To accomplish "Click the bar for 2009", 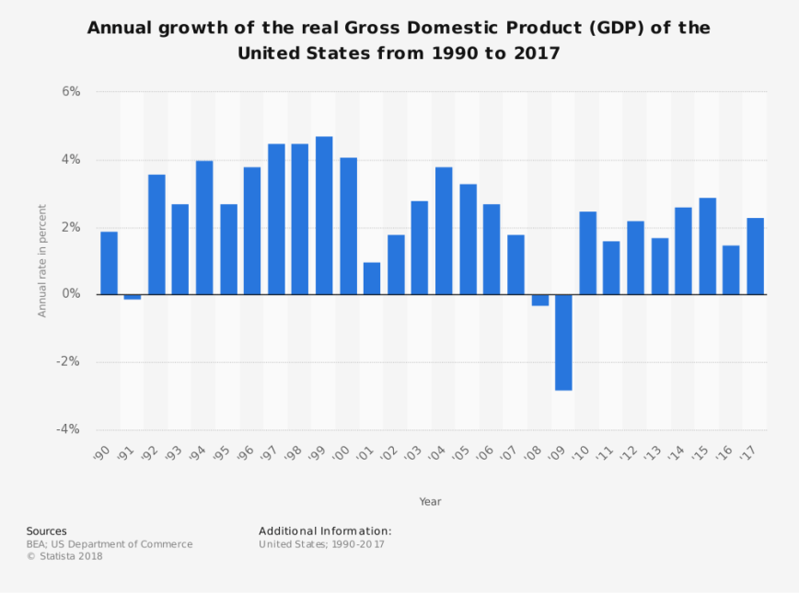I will tap(563, 342).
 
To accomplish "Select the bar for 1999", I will tap(324, 215).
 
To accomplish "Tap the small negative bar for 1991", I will tap(133, 297).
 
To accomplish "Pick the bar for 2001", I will tap(372, 279).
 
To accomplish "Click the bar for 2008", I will tap(539, 300).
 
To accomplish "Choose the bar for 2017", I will tap(755, 256).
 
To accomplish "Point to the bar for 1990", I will tap(109, 263).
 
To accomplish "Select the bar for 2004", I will tap(444, 231).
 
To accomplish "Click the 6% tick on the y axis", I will tap(71, 92).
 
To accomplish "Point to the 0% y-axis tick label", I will tap(71, 294).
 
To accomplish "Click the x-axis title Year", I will tap(430, 501).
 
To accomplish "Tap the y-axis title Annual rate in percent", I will tap(42, 261).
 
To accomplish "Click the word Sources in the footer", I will tap(46, 531).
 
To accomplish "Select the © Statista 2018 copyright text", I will tap(64, 555).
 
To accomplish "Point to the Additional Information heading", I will tap(325, 531).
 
